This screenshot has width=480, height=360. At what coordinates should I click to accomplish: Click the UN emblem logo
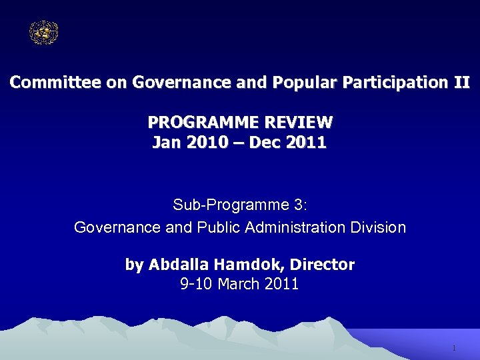tap(44, 33)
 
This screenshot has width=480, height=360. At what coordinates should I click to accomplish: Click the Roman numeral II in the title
tap(462, 83)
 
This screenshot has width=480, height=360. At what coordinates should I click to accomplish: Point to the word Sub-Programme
tap(219, 204)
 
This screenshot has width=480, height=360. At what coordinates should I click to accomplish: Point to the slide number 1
tap(453, 349)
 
